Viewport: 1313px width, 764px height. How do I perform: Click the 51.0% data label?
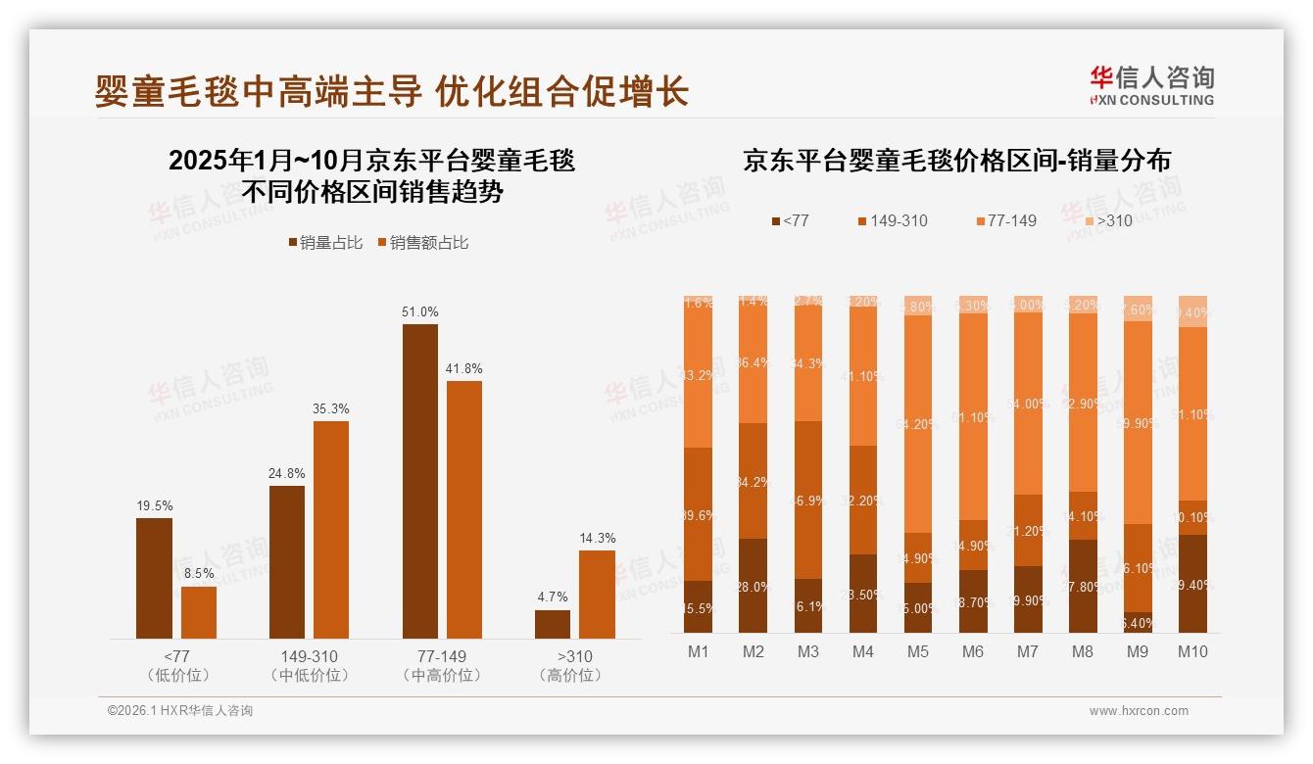pos(420,311)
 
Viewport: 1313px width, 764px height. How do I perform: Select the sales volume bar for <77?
pos(154,578)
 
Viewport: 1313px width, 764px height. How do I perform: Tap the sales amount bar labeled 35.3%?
pos(331,529)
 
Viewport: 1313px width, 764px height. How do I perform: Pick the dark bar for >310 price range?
pos(553,624)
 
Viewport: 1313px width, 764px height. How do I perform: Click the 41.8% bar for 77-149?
pos(464,509)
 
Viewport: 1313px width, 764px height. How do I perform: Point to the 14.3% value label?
pos(598,538)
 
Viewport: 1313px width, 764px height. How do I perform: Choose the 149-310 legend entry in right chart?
pos(891,220)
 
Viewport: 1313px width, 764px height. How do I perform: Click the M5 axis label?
pos(918,651)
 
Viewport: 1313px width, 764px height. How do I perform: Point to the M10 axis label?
pos(1192,651)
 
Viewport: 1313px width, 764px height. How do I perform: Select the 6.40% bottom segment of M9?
pos(1138,623)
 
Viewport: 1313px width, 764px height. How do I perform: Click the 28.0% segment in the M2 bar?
pos(754,586)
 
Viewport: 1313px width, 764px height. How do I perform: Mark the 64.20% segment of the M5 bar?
pos(918,424)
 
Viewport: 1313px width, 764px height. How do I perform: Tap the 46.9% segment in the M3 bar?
pos(808,500)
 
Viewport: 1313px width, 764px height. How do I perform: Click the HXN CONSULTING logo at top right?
pos(1151,85)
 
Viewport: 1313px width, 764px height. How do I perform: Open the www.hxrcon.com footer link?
pos(1138,711)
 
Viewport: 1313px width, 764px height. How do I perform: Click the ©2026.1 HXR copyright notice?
pos(179,711)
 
